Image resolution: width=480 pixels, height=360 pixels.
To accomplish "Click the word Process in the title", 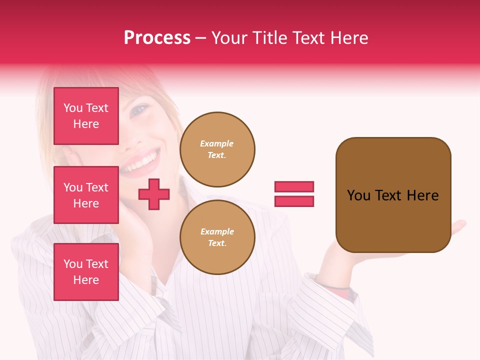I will coord(157,38).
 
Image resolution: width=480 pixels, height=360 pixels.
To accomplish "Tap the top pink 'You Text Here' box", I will coord(86,116).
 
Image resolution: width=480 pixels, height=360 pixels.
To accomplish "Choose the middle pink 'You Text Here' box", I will coord(86,195).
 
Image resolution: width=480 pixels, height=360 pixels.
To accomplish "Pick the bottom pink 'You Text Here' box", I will coord(86,271).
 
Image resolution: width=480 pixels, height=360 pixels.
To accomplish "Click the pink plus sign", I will coord(154,194).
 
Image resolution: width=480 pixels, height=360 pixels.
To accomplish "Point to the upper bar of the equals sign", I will coord(294,186).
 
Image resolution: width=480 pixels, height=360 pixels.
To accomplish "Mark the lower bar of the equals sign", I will coord(294,201).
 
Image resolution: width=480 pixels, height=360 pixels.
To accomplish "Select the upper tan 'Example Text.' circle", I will coord(217,149).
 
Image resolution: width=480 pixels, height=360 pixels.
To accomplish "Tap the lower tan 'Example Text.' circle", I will coord(217,237).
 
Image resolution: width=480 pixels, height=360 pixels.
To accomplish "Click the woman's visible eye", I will coord(138,109).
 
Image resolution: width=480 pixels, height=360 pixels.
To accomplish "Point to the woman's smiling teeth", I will coord(143,160).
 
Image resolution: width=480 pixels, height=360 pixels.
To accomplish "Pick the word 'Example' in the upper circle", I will coord(217,143).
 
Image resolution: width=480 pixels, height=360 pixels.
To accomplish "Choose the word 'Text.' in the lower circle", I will coord(217,243).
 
